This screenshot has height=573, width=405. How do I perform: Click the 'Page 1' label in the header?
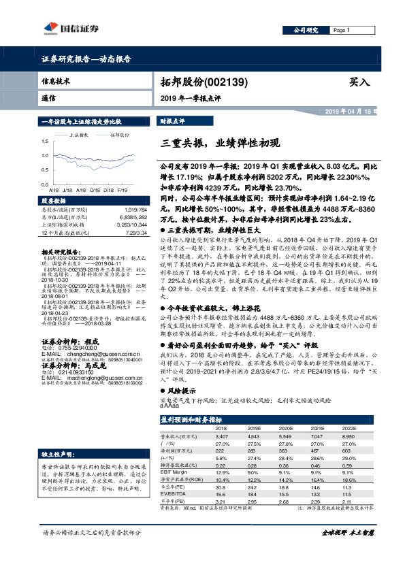tap(340, 31)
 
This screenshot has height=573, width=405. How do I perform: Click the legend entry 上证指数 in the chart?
tap(81, 135)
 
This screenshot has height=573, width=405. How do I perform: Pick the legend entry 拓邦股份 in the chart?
tap(120, 135)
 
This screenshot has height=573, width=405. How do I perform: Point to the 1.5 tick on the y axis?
tap(45, 141)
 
